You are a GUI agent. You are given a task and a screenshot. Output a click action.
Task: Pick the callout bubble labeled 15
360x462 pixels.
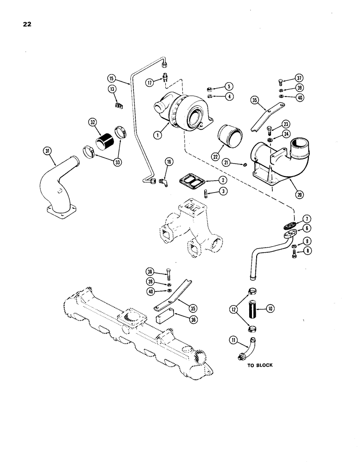pos(111,78)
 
